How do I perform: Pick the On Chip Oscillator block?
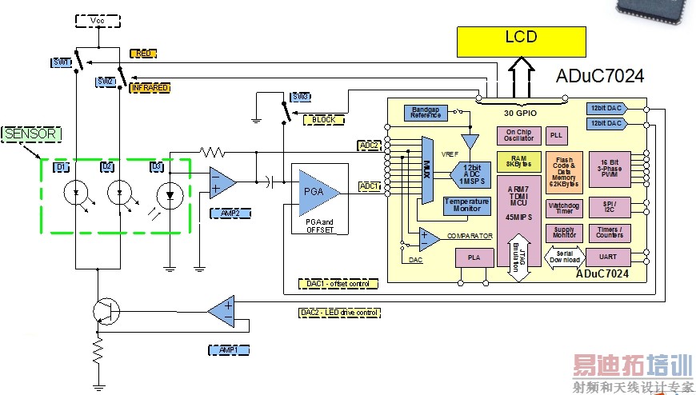[518, 135]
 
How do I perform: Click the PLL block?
[558, 135]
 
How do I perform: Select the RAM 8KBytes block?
[518, 162]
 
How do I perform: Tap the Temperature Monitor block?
[466, 205]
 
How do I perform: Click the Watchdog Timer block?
[564, 209]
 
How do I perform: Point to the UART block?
[607, 257]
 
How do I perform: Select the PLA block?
[474, 258]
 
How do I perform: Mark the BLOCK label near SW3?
[324, 120]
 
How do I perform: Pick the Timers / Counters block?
[610, 233]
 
